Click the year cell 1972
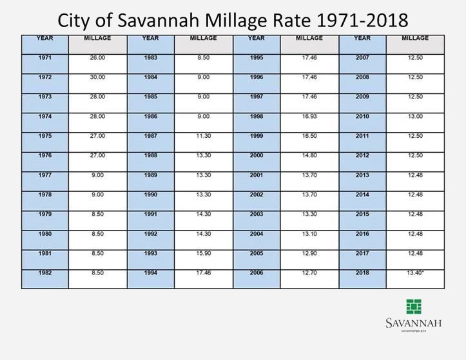click(44, 77)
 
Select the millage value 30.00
click(97, 77)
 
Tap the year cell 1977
click(44, 175)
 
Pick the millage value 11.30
click(203, 136)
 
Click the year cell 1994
click(150, 273)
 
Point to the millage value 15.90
click(203, 254)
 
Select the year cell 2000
click(257, 155)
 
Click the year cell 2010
click(362, 117)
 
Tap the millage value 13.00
click(415, 117)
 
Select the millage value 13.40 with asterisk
click(415, 273)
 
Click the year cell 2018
click(362, 273)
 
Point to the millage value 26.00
click(97, 58)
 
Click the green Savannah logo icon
click(413, 307)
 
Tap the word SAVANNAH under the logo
click(413, 323)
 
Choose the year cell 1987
click(150, 136)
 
